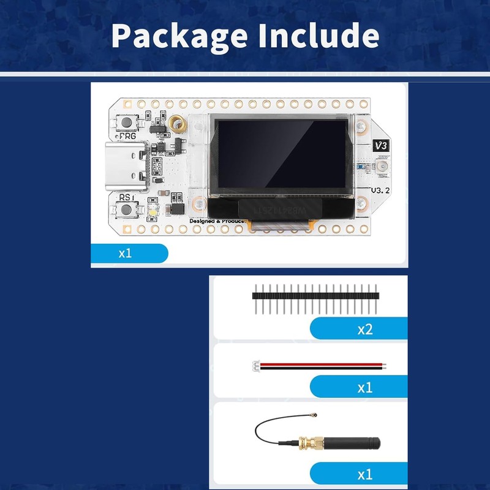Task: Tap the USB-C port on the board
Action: pyautogui.click(x=123, y=167)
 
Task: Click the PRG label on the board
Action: pyautogui.click(x=128, y=136)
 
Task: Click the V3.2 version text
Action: pyautogui.click(x=381, y=190)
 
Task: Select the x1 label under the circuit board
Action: pyautogui.click(x=126, y=253)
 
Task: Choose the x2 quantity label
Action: pyautogui.click(x=365, y=330)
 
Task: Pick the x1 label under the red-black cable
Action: pyautogui.click(x=365, y=387)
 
